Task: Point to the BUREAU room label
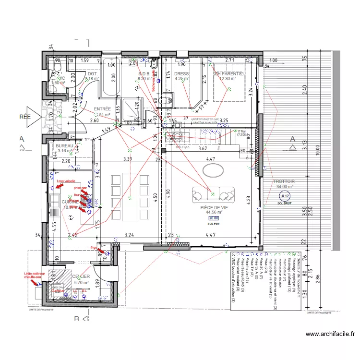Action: click(64, 145)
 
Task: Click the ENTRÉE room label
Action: click(102, 109)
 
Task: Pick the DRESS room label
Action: click(181, 74)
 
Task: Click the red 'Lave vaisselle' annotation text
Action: click(67, 181)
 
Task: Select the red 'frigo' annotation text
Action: click(94, 248)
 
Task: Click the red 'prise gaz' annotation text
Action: click(80, 188)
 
